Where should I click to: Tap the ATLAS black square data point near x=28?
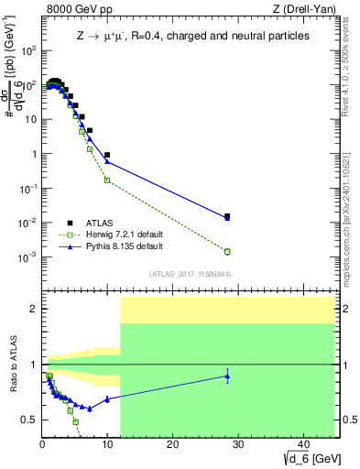coord(227,216)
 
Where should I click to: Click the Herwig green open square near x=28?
coord(227,251)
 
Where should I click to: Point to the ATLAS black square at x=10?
coord(107,155)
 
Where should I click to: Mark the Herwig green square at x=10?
coord(107,180)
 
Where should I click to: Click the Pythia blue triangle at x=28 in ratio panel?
coord(227,376)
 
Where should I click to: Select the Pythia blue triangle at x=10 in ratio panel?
coord(107,398)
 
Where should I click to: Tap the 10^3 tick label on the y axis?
coord(29,50)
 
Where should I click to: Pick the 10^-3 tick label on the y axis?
coord(29,257)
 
